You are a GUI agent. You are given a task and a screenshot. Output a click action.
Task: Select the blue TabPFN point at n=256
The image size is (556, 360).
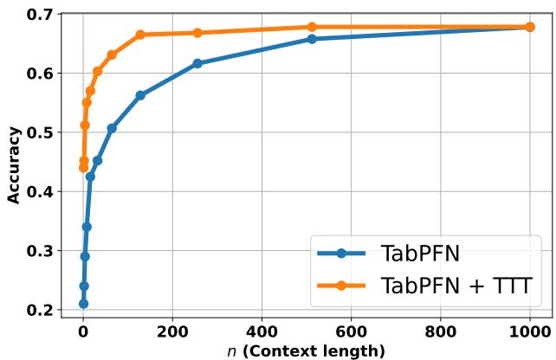(x=197, y=63)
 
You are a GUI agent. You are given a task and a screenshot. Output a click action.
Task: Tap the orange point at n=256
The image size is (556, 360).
(x=197, y=33)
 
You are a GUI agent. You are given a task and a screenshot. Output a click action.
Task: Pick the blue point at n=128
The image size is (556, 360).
(x=140, y=95)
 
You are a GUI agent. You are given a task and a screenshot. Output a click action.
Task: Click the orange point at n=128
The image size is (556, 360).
(x=140, y=35)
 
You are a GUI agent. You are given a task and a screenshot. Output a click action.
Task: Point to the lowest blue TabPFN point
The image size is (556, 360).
(x=83, y=304)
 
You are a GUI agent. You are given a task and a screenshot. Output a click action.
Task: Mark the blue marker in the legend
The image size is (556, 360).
(x=341, y=254)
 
